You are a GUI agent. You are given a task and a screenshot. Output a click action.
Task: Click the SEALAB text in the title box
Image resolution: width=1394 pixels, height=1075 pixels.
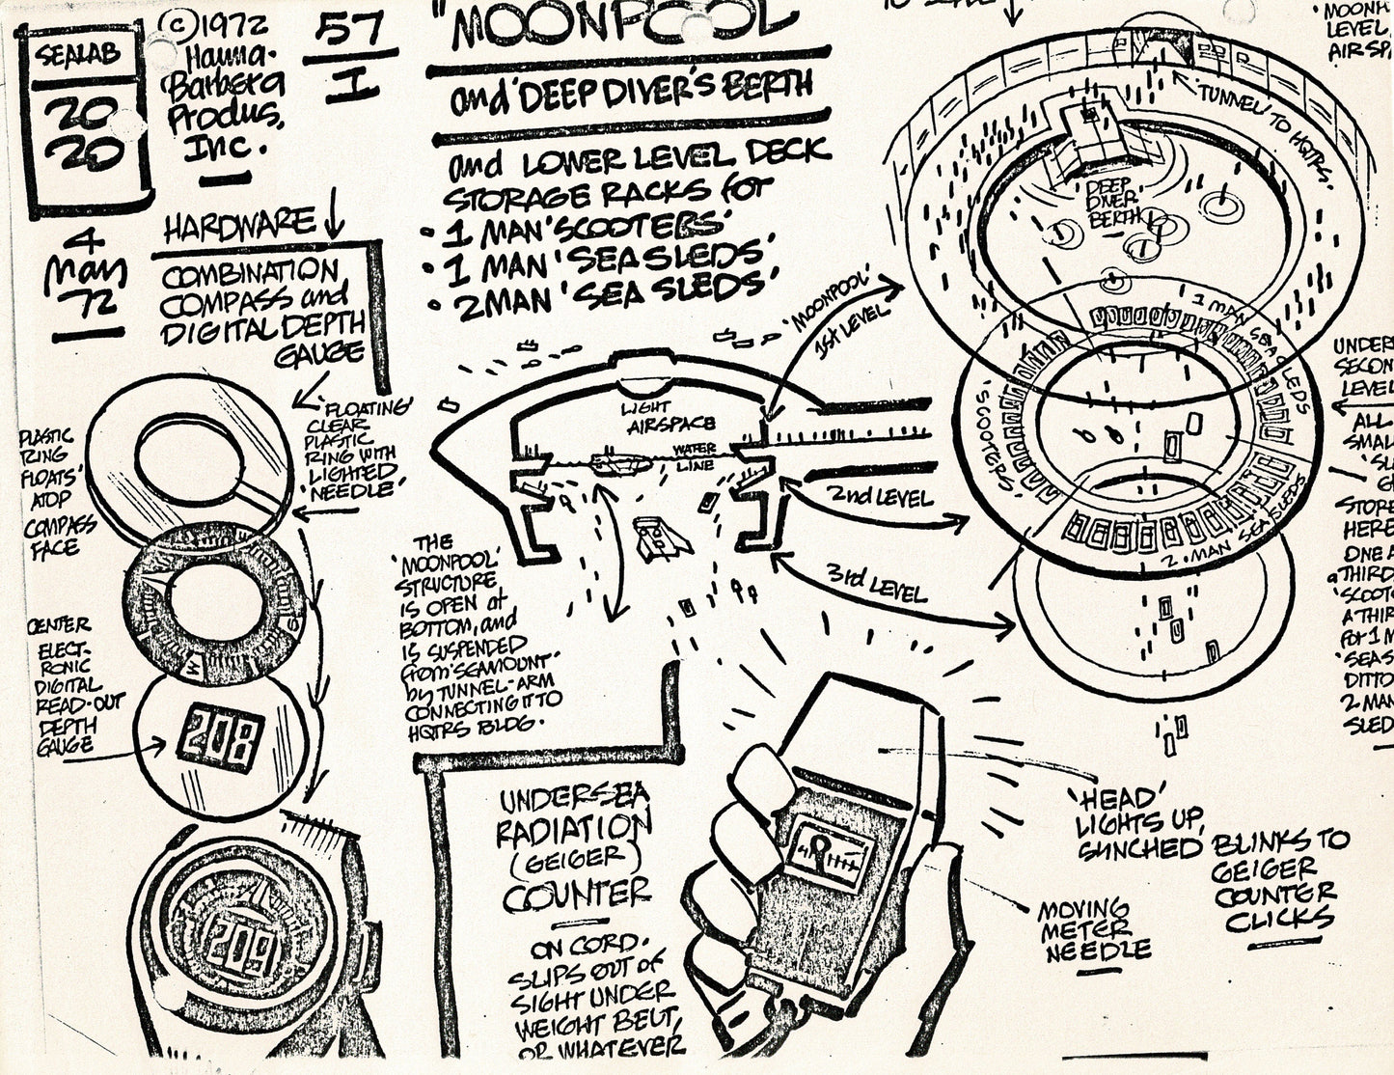point(80,54)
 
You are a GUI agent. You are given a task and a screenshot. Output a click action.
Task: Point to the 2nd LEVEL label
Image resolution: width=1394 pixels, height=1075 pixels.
point(880,497)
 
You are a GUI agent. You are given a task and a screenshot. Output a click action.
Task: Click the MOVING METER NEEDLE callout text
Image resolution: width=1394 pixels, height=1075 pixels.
point(1093,932)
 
